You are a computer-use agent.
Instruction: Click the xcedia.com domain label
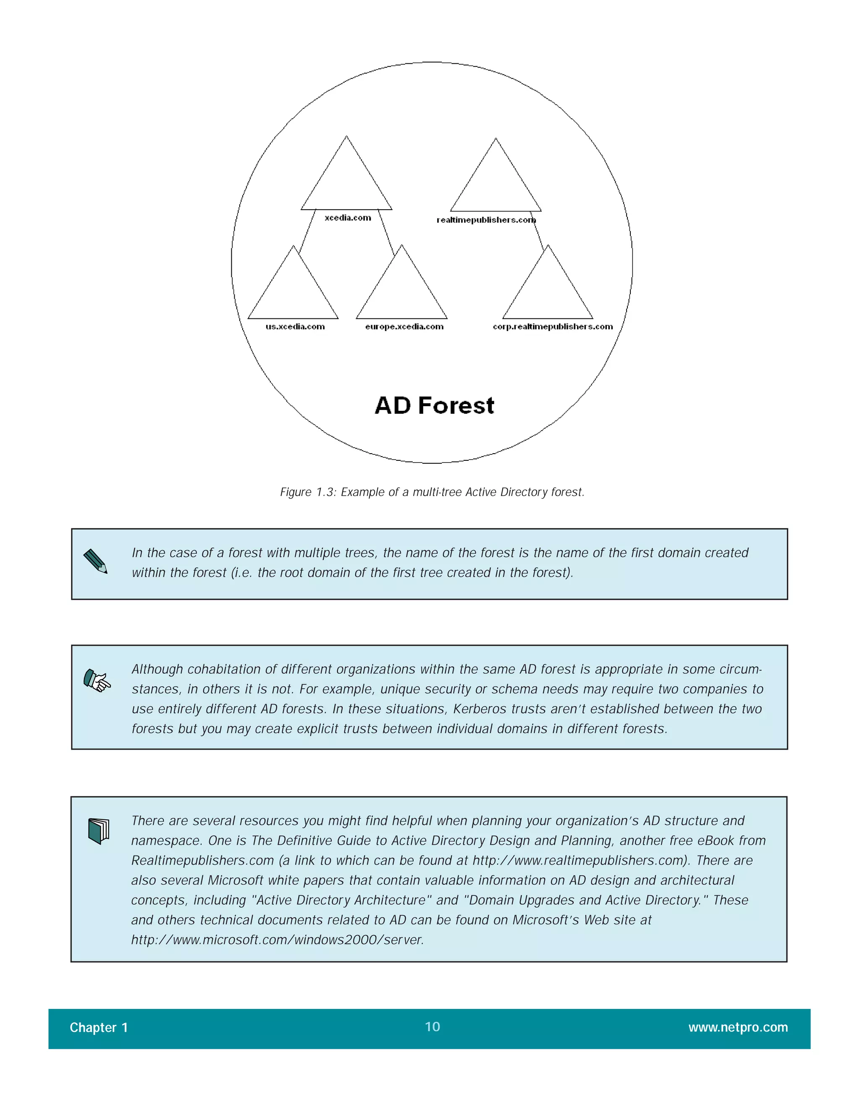point(348,218)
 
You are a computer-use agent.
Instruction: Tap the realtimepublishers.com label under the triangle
point(486,220)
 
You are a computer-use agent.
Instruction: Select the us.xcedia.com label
point(295,327)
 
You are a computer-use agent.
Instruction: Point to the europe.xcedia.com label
point(404,327)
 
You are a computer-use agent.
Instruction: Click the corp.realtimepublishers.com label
point(553,327)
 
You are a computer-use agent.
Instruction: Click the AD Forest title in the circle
point(434,406)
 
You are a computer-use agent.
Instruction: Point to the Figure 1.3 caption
point(432,492)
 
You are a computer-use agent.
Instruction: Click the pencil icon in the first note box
point(96,561)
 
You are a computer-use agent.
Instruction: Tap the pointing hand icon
point(97,680)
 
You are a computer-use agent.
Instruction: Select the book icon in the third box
point(98,831)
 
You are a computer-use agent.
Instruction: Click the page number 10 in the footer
point(433,1027)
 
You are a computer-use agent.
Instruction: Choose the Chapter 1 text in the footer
point(99,1027)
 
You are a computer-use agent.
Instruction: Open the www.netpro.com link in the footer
point(738,1027)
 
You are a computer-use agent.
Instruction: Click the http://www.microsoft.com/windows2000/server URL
point(278,940)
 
